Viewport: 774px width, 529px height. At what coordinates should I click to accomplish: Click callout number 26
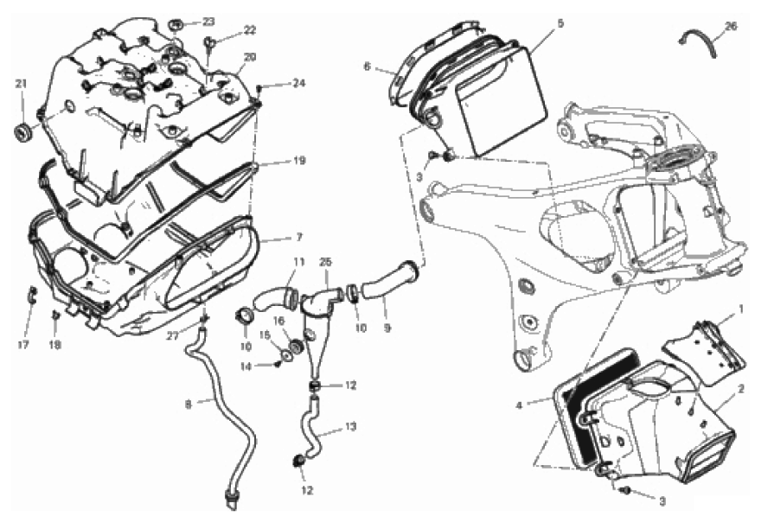(731, 27)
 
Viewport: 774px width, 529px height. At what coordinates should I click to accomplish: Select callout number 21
(20, 83)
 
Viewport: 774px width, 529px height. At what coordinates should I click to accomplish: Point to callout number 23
(208, 21)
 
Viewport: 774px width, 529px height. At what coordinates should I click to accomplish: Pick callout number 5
(560, 23)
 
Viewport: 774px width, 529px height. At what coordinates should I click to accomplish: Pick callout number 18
(57, 346)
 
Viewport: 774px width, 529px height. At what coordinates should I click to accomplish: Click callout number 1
(740, 309)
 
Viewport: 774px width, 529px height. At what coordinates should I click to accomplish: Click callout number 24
(298, 84)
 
